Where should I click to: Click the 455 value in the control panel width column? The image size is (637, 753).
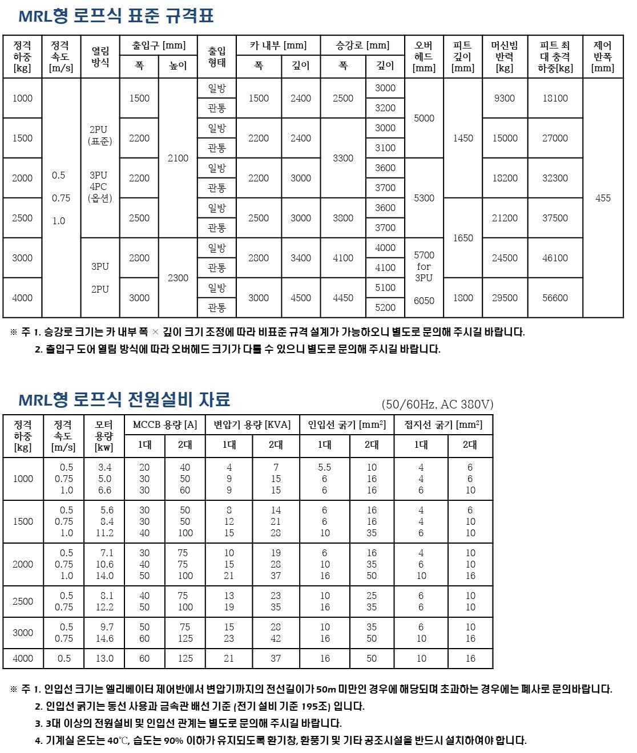(603, 198)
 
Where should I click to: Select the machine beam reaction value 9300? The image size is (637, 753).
(505, 98)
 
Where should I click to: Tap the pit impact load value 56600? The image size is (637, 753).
(555, 298)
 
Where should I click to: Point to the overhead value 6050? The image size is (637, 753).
(424, 301)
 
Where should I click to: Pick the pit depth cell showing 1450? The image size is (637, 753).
(462, 138)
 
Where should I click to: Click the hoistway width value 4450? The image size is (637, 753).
(342, 298)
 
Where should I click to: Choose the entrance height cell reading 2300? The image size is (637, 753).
(178, 278)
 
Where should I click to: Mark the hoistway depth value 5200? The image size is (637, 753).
(385, 307)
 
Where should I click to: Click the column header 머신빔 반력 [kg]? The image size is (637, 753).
(505, 56)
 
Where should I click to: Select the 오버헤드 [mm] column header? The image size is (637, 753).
(424, 56)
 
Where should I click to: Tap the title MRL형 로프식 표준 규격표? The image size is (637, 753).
(116, 16)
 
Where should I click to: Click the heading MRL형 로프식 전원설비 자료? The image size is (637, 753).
(124, 399)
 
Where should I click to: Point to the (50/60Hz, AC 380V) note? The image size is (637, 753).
(437, 404)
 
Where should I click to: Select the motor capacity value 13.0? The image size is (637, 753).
(104, 658)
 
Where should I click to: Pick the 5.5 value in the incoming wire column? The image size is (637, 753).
(324, 467)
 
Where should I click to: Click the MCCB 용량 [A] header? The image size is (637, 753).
(164, 424)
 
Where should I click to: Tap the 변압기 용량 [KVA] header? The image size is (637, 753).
(252, 424)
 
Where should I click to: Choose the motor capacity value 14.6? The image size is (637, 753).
(104, 638)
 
